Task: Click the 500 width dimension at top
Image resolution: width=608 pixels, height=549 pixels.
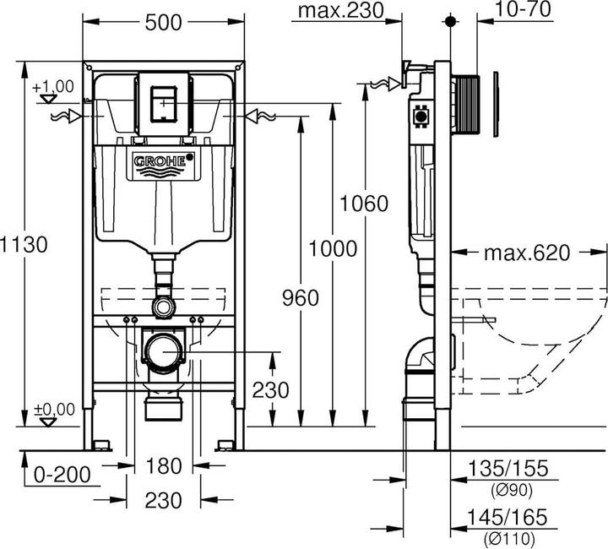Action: point(163,23)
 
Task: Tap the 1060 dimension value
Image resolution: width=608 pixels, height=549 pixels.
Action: point(364,204)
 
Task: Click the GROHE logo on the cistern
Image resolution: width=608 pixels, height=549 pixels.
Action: point(162,162)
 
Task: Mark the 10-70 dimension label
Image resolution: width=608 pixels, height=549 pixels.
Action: point(522,10)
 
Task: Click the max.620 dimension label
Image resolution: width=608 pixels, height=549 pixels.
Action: point(529,253)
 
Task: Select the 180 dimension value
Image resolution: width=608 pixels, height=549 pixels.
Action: point(163,465)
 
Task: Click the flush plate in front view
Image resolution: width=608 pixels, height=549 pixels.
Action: point(163,102)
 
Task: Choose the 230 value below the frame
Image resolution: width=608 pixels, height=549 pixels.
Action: point(163,500)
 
